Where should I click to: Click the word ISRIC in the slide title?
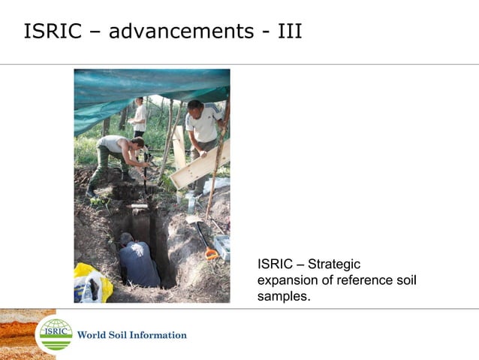coord(54,32)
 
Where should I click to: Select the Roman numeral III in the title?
coord(288,32)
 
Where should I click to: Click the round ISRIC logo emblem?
coord(56,334)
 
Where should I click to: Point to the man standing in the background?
coord(138,116)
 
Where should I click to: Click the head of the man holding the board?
coord(195,105)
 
